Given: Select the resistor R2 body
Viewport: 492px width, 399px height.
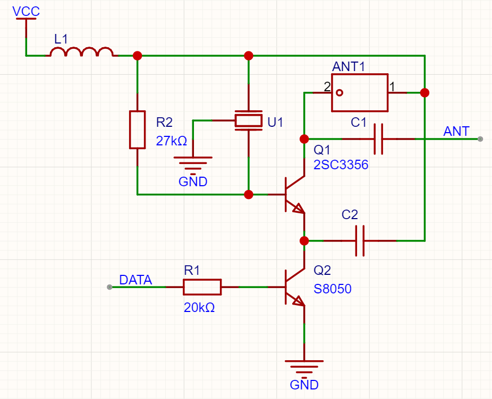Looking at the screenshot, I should [137, 129].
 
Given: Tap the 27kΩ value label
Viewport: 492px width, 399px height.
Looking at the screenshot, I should [171, 142].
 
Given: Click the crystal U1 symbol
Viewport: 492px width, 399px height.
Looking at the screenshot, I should [249, 121].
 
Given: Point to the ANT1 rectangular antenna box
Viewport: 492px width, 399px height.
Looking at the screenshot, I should [359, 93].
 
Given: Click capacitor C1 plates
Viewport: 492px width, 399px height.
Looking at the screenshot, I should [378, 139].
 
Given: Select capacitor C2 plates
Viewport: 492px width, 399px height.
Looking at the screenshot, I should [360, 241].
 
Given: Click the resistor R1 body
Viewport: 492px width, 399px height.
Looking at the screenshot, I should [202, 287].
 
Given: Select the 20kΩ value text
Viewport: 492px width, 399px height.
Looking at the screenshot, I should [199, 307].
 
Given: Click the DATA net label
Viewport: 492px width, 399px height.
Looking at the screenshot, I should [135, 280].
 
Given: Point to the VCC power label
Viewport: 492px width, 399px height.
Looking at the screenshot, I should [26, 11].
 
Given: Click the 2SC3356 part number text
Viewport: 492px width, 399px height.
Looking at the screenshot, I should [340, 166].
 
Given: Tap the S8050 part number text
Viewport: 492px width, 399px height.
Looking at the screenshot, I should [333, 289].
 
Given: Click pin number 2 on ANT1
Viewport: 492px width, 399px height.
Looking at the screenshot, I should [327, 86].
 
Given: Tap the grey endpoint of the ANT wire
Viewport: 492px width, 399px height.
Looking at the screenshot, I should [480, 139].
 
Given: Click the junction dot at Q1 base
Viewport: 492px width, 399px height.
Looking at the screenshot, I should [248, 195].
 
